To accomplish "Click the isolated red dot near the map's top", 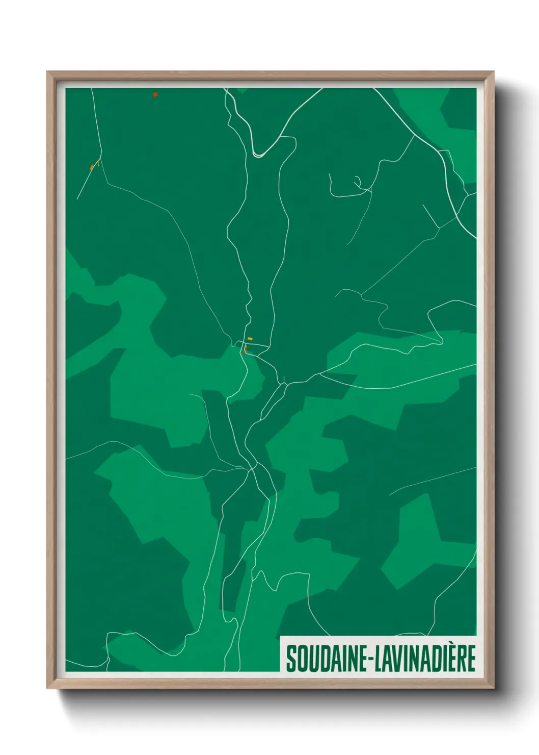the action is (x=155, y=94).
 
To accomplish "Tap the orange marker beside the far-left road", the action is (x=92, y=167).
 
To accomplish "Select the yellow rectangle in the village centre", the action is (x=250, y=339).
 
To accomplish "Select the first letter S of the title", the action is (x=291, y=659).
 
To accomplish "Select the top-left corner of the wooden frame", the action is (x=48, y=72).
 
